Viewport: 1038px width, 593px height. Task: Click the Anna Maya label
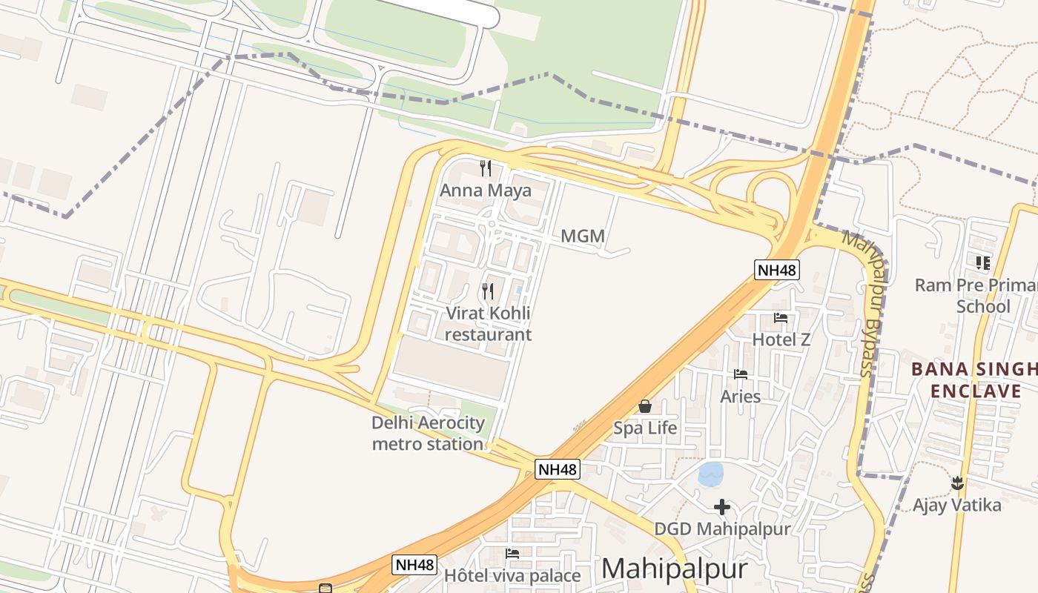[x=486, y=191]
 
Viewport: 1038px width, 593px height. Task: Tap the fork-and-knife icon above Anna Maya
[x=486, y=168]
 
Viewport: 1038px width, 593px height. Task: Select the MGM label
[x=583, y=236]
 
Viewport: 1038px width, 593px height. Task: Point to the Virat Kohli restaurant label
[x=487, y=323]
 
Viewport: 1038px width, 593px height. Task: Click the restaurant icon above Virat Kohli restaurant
[x=488, y=291]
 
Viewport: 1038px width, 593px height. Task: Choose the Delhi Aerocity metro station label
[x=428, y=434]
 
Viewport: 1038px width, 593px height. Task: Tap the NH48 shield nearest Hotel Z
[x=777, y=270]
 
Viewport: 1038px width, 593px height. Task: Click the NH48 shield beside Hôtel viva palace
[x=414, y=565]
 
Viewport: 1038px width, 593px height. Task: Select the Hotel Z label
[x=781, y=339]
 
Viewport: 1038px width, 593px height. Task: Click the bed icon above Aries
[x=740, y=374]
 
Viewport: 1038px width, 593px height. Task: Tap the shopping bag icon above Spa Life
[x=645, y=406]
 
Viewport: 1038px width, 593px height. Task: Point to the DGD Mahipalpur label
[x=722, y=529]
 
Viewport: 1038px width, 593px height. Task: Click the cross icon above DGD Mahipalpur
[x=722, y=507]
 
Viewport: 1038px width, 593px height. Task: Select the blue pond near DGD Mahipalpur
[x=711, y=474]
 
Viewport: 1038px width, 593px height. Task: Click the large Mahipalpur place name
[x=674, y=569]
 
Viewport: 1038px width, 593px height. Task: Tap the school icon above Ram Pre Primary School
[x=983, y=262]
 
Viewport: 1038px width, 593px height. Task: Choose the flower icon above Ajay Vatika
[x=957, y=483]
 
